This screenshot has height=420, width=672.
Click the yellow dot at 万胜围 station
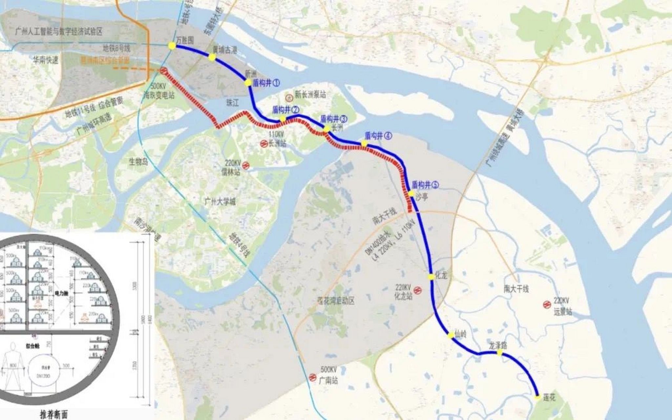(x=172, y=46)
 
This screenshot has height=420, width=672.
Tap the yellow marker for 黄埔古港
(x=212, y=58)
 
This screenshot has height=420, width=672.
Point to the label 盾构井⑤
(x=425, y=185)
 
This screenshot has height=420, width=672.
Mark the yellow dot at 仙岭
(x=451, y=335)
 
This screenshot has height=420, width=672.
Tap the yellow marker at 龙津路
(x=499, y=353)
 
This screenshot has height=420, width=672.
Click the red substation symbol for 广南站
(x=312, y=377)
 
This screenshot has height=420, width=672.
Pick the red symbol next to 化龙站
(x=417, y=290)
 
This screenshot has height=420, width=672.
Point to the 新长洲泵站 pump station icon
(x=289, y=97)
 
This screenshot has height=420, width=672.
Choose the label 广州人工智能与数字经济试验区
(x=59, y=31)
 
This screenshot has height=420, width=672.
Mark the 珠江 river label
(x=233, y=103)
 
